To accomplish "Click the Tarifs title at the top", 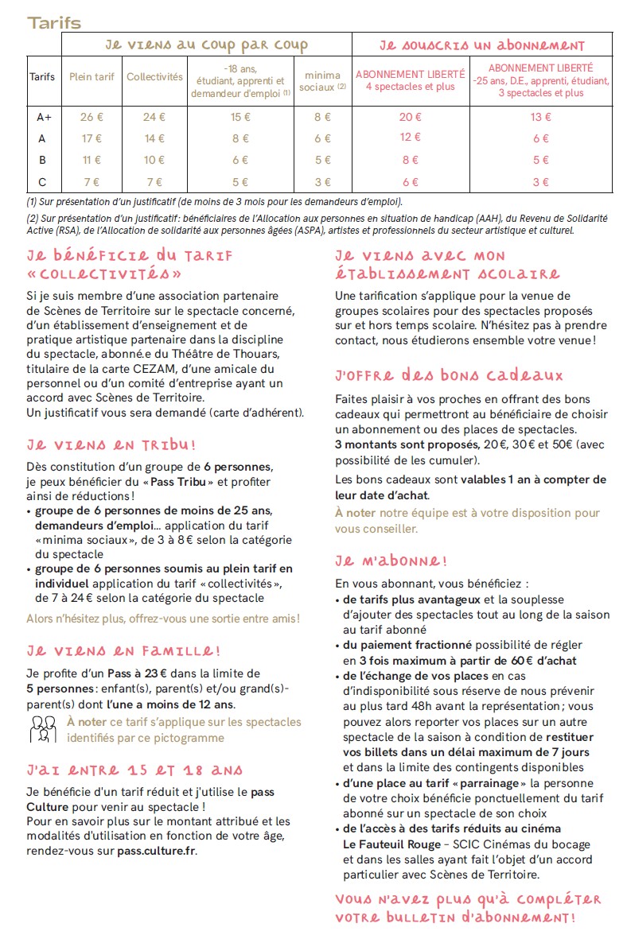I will point(54,23).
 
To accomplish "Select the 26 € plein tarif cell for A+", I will point(92,117).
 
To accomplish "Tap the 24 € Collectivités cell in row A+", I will point(154,117).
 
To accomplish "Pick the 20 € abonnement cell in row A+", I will point(410,117).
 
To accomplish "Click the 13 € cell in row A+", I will point(541,117).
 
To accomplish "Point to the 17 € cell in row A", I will point(92,138).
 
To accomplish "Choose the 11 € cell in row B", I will point(92,160).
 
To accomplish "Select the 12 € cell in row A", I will point(410,138).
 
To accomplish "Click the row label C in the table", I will point(42,181).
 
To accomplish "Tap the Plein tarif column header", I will point(92,77).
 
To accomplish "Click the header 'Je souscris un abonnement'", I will point(482,45).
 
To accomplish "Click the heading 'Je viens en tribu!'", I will point(111,444).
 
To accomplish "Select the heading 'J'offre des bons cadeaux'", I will point(449,375).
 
